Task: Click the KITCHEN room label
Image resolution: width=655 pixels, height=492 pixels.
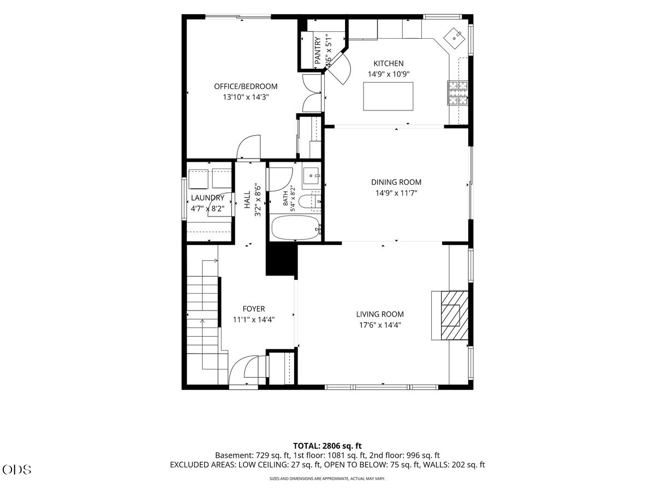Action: pos(388,63)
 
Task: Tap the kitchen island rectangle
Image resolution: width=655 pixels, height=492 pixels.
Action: pos(388,96)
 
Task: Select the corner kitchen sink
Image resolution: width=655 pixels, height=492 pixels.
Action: pos(454,38)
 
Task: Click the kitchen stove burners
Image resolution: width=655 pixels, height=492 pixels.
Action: pos(457,93)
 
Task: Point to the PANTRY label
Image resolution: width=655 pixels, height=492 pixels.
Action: pos(318,50)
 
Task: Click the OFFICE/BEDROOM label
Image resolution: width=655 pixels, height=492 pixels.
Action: pos(246,86)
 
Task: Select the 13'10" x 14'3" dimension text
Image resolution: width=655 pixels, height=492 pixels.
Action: pos(246,97)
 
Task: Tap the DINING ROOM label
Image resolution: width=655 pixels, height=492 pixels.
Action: pos(396,182)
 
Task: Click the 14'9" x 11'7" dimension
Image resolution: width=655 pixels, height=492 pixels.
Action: pos(396,193)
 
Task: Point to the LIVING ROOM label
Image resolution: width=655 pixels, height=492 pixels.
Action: pos(380,314)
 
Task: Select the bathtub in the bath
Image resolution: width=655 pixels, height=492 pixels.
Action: pos(295,227)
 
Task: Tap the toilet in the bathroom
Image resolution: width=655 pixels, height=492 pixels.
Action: pos(309,202)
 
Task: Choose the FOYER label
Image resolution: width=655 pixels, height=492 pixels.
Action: pos(254,308)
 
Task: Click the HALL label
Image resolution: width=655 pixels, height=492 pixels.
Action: pos(247,200)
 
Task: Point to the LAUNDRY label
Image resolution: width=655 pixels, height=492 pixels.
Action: pos(207,198)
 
